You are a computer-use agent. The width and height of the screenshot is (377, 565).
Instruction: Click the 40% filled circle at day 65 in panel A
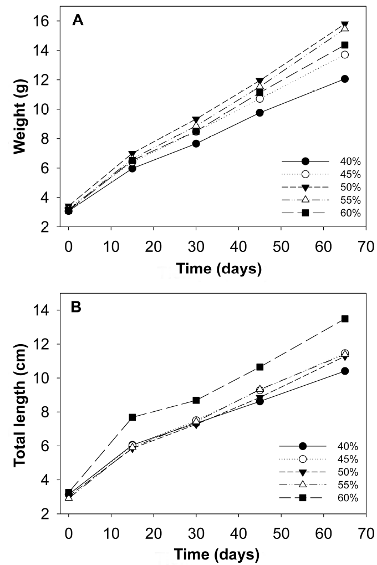pos(344,79)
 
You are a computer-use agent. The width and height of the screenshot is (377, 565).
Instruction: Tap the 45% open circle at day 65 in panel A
pos(344,54)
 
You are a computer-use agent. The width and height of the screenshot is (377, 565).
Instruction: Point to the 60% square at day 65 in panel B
pos(344,319)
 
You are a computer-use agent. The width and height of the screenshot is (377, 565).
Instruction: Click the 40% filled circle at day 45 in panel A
pos(259,113)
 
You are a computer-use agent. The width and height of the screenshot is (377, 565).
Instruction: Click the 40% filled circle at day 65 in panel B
pos(344,371)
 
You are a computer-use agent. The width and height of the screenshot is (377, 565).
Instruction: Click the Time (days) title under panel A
pos(217,269)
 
